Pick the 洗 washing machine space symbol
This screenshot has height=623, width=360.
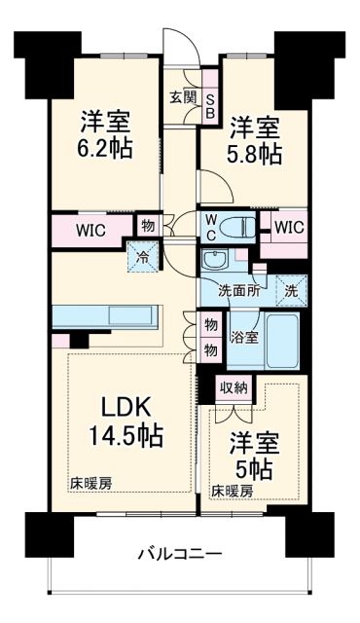click(x=289, y=289)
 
